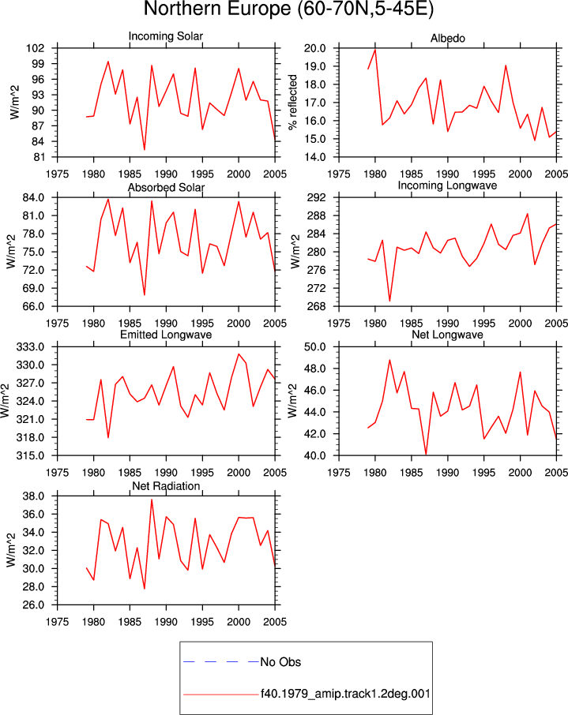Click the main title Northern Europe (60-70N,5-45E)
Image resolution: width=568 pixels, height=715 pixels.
[x=288, y=9]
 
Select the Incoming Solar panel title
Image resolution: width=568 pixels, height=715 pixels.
[x=166, y=36]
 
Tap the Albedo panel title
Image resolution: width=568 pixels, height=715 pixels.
[x=447, y=39]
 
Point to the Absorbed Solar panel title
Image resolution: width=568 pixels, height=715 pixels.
[x=166, y=187]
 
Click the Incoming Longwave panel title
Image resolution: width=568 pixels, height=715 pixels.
[x=447, y=185]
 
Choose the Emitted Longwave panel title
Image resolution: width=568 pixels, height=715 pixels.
[x=166, y=335]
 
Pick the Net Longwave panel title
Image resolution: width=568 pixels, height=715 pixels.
[x=447, y=335]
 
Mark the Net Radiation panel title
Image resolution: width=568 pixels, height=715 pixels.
[x=166, y=486]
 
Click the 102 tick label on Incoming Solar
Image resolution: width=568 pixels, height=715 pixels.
[x=36, y=48]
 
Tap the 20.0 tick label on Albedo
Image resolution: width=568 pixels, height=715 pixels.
[x=315, y=48]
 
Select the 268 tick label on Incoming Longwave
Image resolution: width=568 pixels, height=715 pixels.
[x=317, y=306]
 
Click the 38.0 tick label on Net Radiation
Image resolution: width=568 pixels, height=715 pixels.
[x=33, y=496]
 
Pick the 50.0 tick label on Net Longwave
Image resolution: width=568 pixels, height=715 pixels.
[x=315, y=347]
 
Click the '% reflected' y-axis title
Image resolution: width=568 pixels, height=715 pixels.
[x=292, y=102]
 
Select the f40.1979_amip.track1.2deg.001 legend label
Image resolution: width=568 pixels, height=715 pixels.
[x=346, y=694]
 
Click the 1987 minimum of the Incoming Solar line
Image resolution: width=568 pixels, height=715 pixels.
[x=145, y=150]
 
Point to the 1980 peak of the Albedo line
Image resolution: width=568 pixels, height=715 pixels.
[x=375, y=49]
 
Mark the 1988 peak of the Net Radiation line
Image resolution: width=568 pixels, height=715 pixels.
[x=152, y=500]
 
